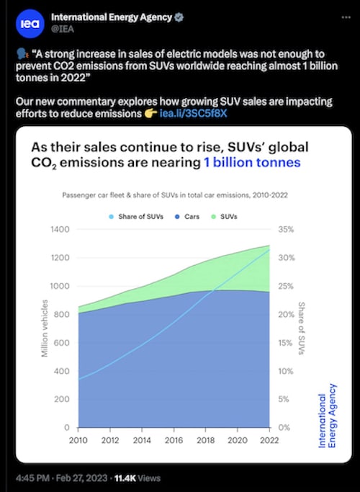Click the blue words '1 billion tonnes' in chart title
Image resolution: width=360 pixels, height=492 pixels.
[252, 164]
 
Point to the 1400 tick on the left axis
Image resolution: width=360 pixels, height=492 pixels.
[59, 230]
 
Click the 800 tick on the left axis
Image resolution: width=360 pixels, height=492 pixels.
[62, 314]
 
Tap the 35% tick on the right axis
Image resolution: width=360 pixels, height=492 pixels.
[286, 230]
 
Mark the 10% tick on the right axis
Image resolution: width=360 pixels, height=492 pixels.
[286, 371]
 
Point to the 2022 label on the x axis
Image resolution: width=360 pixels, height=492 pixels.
[269, 440]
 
